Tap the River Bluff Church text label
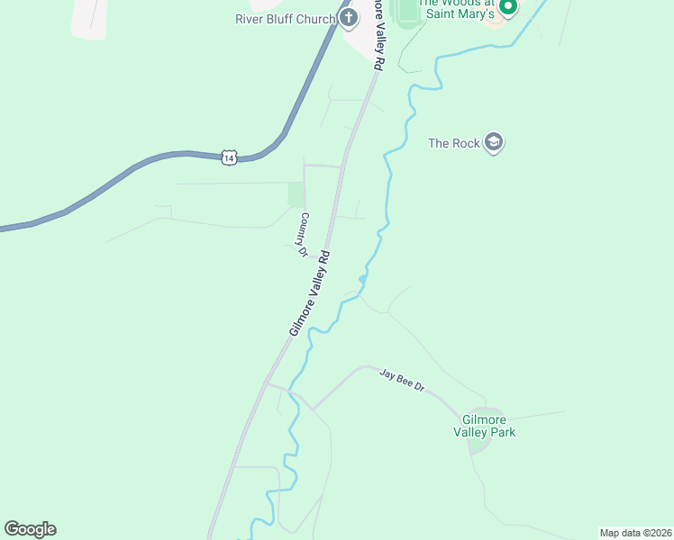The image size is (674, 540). pyautogui.click(x=285, y=19)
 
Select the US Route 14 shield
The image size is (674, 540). pyautogui.click(x=229, y=157)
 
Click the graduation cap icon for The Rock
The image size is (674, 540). pyautogui.click(x=493, y=142)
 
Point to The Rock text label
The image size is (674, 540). pyautogui.click(x=453, y=143)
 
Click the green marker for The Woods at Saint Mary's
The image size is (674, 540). pyautogui.click(x=507, y=7)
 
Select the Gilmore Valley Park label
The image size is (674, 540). pyautogui.click(x=488, y=426)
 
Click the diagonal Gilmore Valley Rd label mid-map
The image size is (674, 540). pyautogui.click(x=311, y=293)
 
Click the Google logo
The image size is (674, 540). pyautogui.click(x=30, y=528)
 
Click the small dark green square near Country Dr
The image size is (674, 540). pyautogui.click(x=296, y=194)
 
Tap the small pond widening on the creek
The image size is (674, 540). pyautogui.click(x=362, y=280)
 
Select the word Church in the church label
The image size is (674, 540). pyautogui.click(x=314, y=19)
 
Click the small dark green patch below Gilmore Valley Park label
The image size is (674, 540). pyautogui.click(x=478, y=443)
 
